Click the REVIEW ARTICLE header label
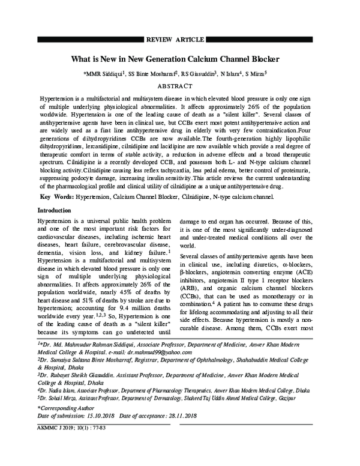(x=180, y=39)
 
